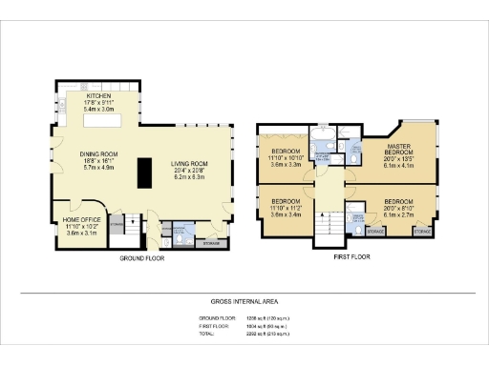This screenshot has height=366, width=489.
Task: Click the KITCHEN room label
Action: coord(98,96)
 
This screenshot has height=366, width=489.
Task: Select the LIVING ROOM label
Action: coord(191,164)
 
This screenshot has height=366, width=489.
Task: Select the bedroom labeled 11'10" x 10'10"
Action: coord(285,152)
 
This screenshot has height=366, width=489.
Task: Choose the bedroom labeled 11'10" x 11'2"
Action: coord(285,202)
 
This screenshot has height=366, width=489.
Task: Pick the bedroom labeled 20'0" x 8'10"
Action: coord(398,202)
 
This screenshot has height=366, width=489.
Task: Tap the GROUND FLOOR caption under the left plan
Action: coord(144,258)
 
